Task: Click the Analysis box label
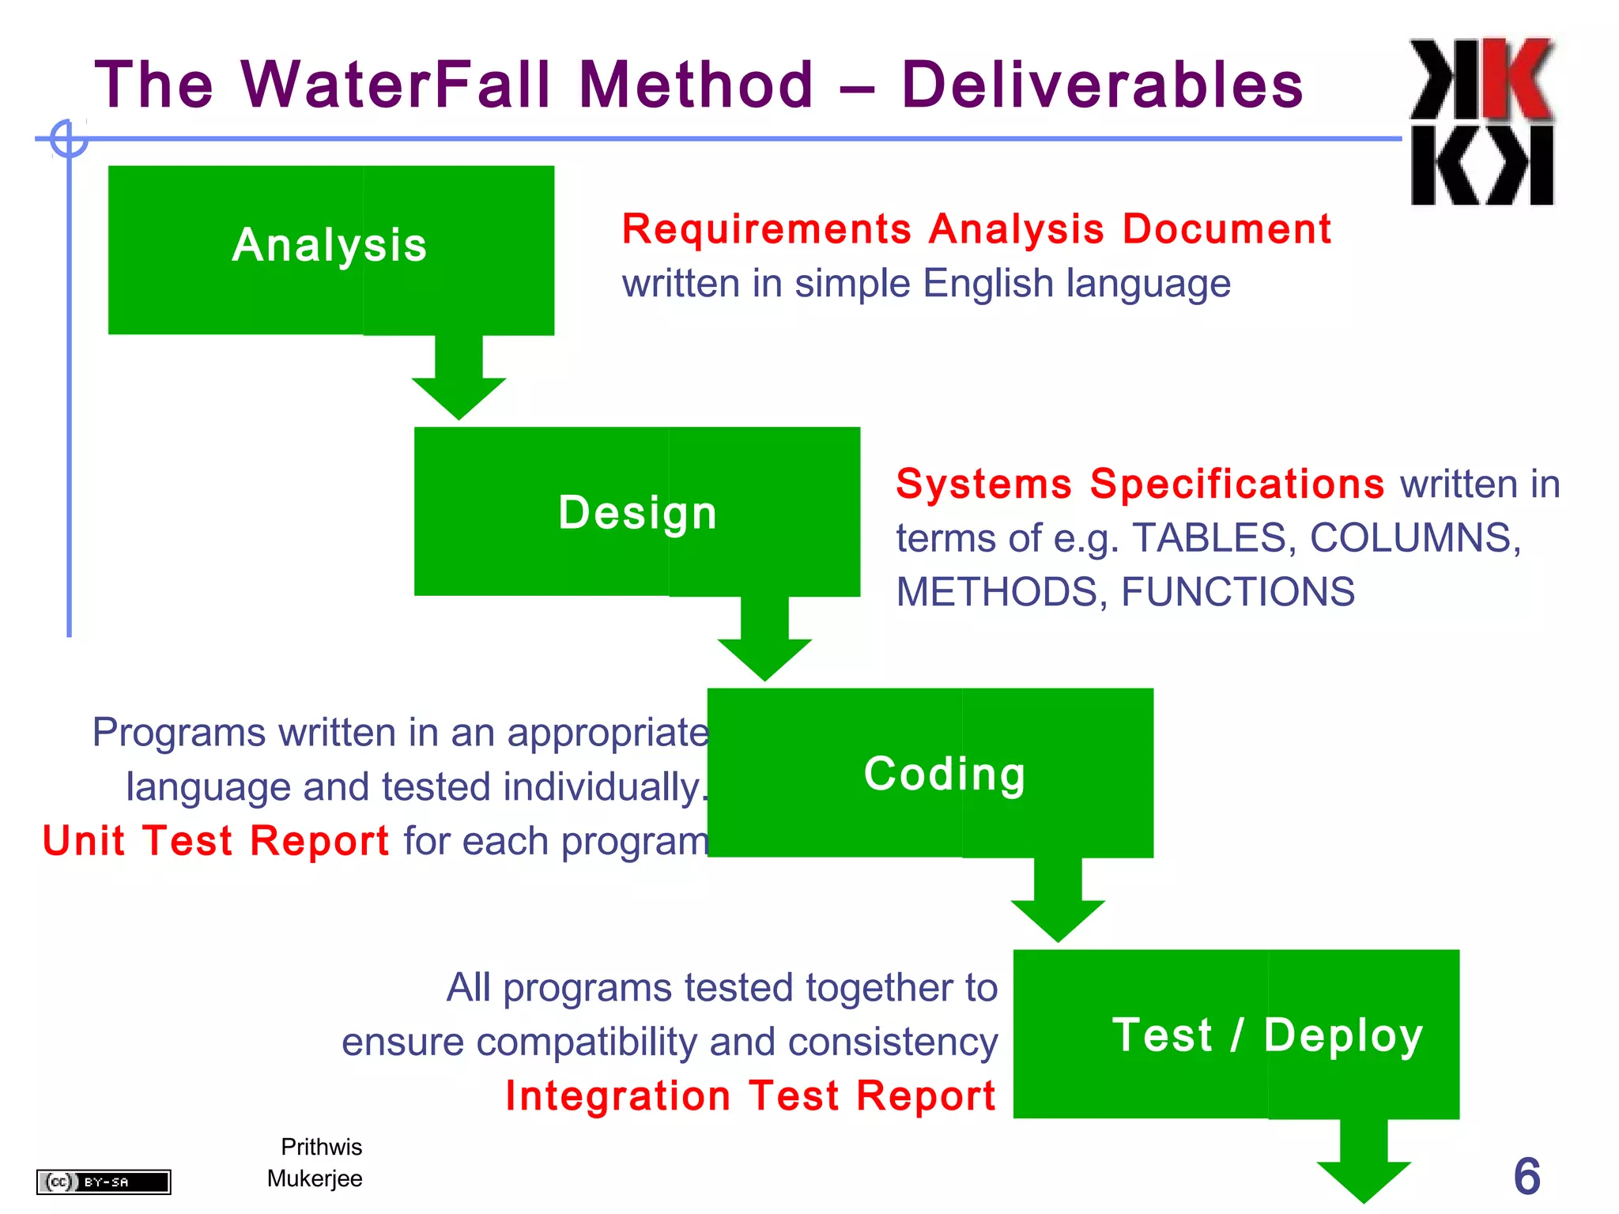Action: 330,246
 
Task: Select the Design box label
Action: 637,513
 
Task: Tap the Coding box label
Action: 945,774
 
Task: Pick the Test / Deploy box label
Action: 1267,1035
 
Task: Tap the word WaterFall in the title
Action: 395,85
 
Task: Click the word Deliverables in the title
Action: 1102,85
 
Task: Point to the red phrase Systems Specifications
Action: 1139,484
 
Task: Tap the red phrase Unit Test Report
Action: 216,841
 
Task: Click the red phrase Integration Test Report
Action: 750,1096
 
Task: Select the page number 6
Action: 1527,1176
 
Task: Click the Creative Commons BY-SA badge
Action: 104,1182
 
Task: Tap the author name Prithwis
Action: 321,1147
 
